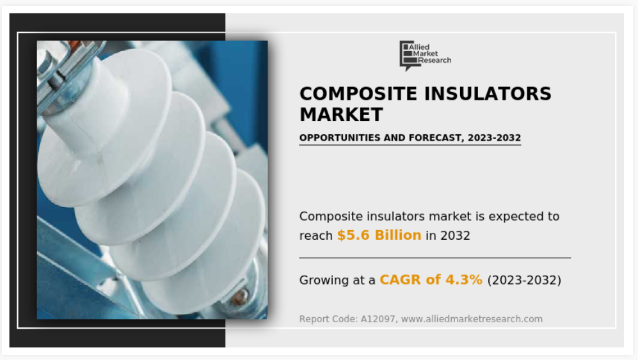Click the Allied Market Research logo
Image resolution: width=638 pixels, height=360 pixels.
pos(425,56)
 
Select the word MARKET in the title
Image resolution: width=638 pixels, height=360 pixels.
pos(341,114)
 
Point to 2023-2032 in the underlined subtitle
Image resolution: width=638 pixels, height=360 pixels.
pos(494,138)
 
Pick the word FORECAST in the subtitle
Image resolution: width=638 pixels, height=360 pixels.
pos(436,138)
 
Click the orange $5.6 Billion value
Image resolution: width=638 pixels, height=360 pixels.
pos(379,235)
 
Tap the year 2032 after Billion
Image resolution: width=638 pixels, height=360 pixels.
pos(455,235)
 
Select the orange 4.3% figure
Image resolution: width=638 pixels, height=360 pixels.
pos(464,280)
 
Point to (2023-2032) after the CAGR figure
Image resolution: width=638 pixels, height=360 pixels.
pos(524,280)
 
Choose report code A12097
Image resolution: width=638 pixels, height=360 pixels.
pos(378,319)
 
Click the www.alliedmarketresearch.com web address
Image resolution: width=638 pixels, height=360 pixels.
pos(472,319)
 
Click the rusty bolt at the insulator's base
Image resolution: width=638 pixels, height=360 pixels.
pos(240,297)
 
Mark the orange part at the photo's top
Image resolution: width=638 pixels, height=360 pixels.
pos(74,45)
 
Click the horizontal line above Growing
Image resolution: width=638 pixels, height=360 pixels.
pos(435,258)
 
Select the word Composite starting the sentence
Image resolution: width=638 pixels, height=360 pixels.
pos(328,217)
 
